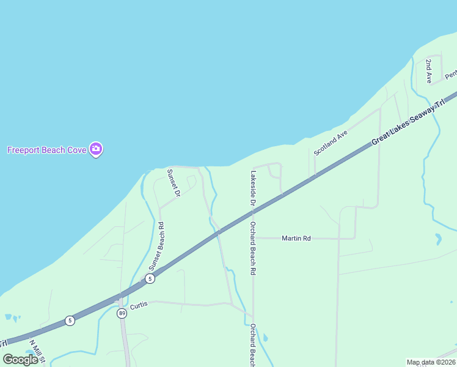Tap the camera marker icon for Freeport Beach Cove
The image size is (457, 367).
(95, 149)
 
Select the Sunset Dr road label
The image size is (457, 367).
(174, 182)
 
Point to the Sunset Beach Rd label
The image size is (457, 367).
(157, 246)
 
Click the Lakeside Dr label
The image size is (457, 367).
(252, 187)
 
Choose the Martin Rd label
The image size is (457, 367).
(296, 238)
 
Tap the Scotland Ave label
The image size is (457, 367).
(331, 142)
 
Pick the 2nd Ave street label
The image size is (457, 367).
(430, 72)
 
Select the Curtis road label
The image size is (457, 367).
(139, 303)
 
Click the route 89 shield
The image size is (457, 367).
(122, 314)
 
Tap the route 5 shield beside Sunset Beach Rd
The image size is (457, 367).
(150, 279)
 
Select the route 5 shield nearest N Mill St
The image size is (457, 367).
(70, 321)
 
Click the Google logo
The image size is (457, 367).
(20, 360)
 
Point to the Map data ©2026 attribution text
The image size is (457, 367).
(431, 362)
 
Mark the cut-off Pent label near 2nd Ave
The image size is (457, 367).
(451, 75)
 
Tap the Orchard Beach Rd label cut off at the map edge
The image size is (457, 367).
(252, 346)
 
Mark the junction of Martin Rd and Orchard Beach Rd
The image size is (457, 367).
(254, 238)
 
